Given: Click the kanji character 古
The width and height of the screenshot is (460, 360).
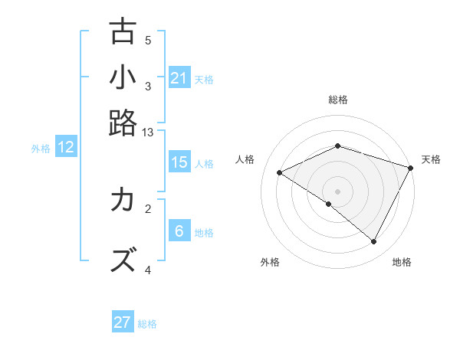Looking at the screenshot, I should (123, 32).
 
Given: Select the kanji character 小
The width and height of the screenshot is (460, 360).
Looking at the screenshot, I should (123, 78).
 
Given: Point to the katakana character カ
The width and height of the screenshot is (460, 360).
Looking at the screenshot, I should (123, 201).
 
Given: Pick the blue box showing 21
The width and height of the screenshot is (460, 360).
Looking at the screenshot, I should (179, 78).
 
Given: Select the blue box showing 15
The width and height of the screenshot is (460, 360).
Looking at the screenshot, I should (179, 162).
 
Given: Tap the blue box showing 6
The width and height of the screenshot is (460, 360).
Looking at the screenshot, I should (179, 231).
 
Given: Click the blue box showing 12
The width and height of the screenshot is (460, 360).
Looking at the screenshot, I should (66, 148).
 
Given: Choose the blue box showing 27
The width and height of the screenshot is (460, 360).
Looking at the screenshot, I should (123, 322).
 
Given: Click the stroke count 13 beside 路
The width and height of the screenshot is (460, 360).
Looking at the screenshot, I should (148, 133).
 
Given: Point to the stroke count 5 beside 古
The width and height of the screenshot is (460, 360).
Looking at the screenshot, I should (148, 41).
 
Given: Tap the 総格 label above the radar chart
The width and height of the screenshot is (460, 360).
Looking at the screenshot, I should (338, 100).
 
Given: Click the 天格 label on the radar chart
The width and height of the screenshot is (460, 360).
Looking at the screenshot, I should (431, 159).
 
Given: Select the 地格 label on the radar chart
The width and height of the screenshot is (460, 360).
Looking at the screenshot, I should (402, 262).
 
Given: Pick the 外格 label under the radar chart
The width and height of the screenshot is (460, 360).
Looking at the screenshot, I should (270, 262).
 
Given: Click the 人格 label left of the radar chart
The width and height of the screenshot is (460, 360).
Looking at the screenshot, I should (245, 159).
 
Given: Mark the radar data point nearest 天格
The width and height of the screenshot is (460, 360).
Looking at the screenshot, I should (412, 168).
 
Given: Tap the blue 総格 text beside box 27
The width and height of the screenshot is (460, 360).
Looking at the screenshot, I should (147, 324).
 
